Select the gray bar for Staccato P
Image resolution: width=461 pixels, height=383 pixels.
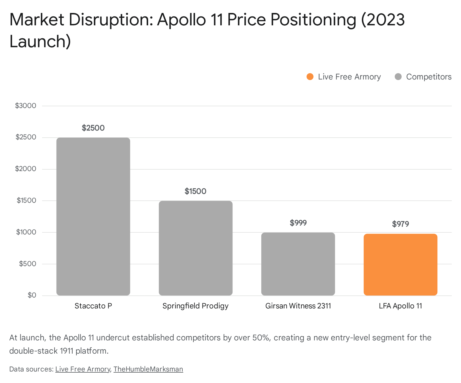(x=93, y=216)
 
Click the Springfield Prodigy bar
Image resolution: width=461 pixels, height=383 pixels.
(x=196, y=248)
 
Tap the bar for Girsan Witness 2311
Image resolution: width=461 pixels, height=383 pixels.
(x=298, y=264)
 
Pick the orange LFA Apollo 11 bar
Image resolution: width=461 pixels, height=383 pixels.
(x=400, y=264)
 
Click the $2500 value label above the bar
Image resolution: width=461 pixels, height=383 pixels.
(x=93, y=128)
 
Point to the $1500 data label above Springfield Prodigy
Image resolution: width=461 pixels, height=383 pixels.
(x=196, y=191)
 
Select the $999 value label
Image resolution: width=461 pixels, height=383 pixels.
(x=298, y=223)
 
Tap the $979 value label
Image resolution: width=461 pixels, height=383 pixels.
(x=400, y=224)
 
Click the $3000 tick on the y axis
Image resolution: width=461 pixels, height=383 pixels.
(x=26, y=106)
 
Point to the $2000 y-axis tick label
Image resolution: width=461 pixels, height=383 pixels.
(x=26, y=169)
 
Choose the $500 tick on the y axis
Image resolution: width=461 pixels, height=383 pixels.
(x=28, y=264)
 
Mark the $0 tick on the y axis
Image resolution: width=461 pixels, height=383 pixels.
(x=32, y=295)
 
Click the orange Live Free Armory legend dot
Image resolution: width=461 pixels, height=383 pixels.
(x=310, y=77)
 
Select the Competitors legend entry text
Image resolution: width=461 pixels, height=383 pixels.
(x=428, y=77)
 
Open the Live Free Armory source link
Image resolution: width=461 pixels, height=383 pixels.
(x=83, y=369)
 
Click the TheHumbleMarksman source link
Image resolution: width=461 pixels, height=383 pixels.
(x=148, y=369)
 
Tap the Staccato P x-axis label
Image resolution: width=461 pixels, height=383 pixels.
(x=93, y=306)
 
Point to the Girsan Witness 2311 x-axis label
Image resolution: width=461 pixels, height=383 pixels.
(x=298, y=306)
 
